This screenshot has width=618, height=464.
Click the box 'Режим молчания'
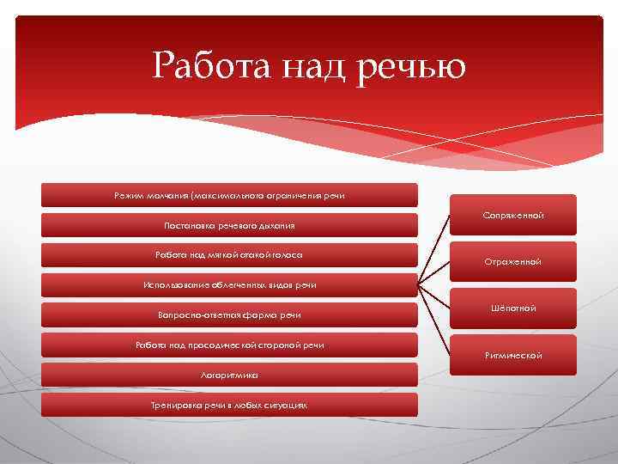click(229, 195)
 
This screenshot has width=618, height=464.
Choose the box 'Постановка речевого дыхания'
click(229, 225)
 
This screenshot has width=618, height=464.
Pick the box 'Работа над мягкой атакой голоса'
click(229, 255)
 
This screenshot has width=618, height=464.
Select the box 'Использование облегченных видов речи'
click(229, 285)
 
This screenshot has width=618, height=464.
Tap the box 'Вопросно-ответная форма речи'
click(229, 315)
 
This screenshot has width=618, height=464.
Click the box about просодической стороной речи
click(229, 345)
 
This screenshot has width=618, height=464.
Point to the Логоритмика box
click(229, 375)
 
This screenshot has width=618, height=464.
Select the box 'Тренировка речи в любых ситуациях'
click(229, 405)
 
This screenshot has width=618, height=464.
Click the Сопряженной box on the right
click(512, 215)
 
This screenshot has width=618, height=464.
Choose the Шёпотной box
click(512, 308)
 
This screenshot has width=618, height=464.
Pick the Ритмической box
click(512, 355)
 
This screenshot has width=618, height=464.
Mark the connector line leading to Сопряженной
click(433, 249)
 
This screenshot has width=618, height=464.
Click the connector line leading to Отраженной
click(433, 273)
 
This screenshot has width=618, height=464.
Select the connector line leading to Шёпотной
click(433, 296)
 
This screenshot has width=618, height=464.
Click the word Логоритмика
click(229, 375)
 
